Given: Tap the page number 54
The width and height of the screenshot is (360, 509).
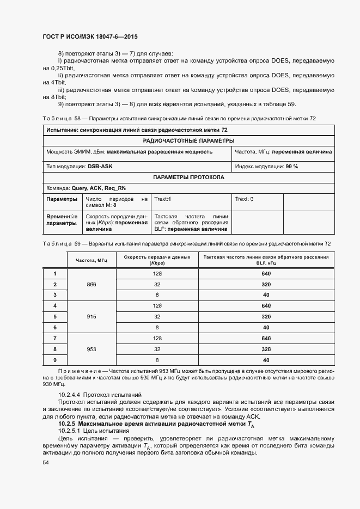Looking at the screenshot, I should pos(46,463).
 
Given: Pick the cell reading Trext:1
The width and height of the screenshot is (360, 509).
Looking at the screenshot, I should pos(163,199).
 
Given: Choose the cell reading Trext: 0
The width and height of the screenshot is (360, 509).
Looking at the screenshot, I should pos(244,199).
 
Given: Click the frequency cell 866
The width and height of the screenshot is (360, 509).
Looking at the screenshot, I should pos(91,285).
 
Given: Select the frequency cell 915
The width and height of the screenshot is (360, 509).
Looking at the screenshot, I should pos(91,316).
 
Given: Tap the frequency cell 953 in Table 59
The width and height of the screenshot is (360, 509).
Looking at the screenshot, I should pos(91,349).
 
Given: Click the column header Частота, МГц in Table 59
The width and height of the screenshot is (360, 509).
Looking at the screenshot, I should pos(91,260).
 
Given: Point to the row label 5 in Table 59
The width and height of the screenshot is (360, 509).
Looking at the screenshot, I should pos(54,316).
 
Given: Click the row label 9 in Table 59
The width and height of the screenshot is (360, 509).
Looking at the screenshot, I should pos(54,360).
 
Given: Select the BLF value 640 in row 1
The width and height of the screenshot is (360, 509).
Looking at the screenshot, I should pos(266,274).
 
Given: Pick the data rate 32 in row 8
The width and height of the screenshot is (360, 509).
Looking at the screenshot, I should pos(157,349).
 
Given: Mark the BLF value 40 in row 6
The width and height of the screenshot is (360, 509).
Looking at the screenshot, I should pos(266,327).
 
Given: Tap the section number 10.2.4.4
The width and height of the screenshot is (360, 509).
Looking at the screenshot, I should pos(69,394).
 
